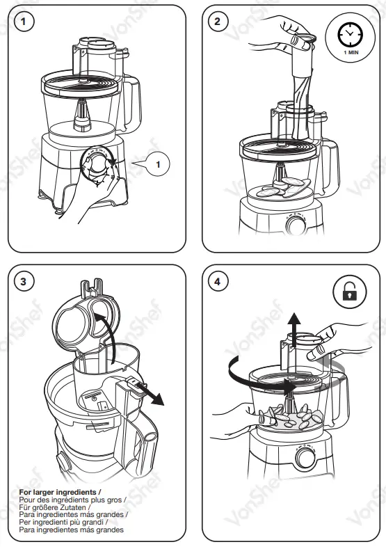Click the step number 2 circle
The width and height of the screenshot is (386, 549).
[218, 22]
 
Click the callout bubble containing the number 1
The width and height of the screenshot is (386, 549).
[157, 164]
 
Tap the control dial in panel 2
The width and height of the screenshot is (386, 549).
[295, 226]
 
